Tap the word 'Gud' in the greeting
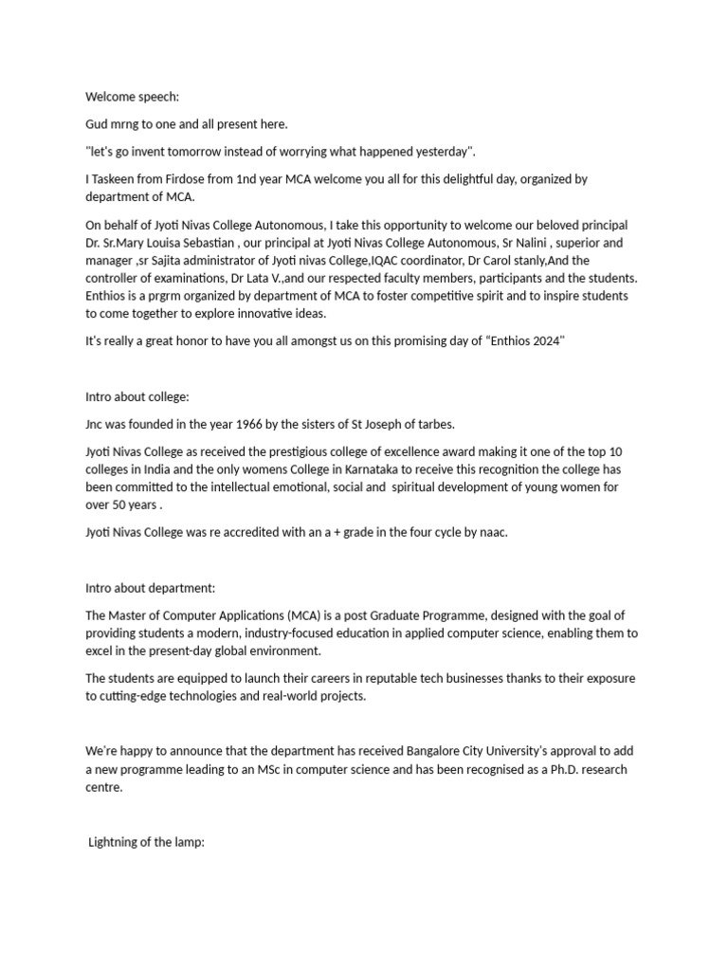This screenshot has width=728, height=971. [99, 124]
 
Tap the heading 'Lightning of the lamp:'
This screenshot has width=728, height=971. [146, 842]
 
